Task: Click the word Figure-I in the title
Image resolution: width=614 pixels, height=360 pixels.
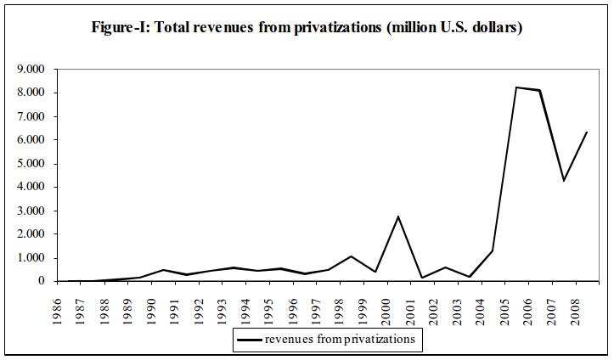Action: (119, 28)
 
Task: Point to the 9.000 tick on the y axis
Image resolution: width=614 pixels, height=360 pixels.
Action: (31, 69)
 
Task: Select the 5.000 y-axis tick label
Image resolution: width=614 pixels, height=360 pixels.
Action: (31, 163)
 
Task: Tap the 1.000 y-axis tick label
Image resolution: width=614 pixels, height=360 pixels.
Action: (31, 258)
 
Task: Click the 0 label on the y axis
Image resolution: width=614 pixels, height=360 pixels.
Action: (42, 281)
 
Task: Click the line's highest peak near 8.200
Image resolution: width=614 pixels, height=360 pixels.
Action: (516, 87)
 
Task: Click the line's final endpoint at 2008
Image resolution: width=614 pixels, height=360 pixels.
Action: (587, 132)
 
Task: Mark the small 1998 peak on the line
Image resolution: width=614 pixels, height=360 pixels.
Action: (351, 256)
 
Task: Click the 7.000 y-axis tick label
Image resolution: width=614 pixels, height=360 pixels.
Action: (31, 116)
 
